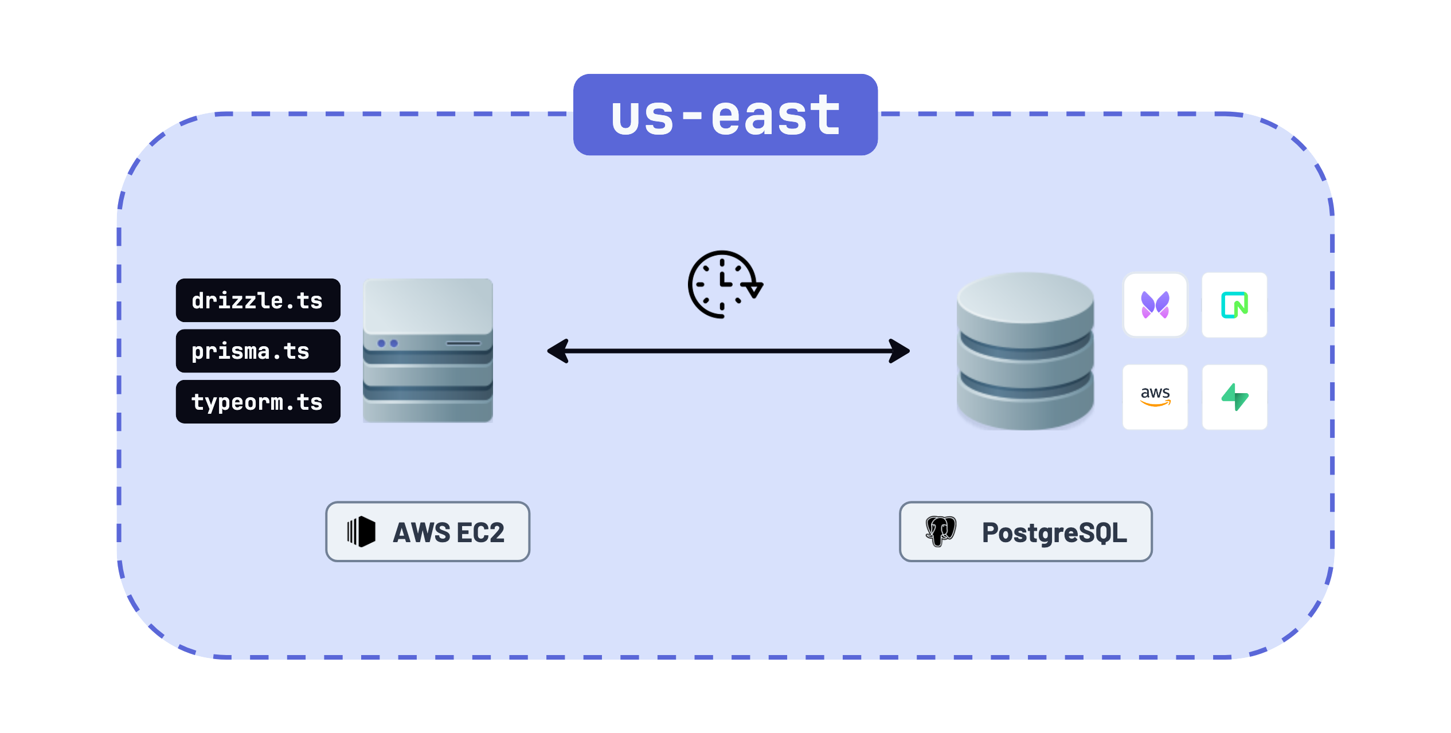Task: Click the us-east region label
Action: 725,115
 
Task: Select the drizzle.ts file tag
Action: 258,301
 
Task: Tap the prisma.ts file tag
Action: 258,351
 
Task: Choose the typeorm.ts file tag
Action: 258,402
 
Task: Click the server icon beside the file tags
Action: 428,351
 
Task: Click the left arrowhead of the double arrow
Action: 558,351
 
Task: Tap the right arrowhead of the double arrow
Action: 899,351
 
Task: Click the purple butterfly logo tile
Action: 1155,305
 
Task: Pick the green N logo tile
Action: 1234,305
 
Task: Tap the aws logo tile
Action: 1155,397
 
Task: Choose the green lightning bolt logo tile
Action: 1234,397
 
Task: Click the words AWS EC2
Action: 448,532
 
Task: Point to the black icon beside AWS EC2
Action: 361,532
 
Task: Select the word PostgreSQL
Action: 1054,532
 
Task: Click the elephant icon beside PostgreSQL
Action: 941,531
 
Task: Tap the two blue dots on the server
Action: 388,343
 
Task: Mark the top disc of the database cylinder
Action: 1025,298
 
